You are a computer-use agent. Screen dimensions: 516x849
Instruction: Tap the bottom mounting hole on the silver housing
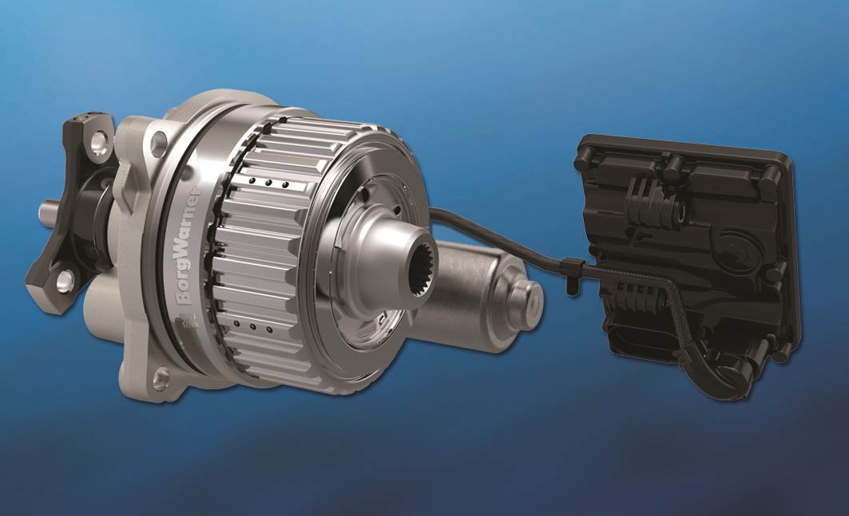point(161,376)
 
